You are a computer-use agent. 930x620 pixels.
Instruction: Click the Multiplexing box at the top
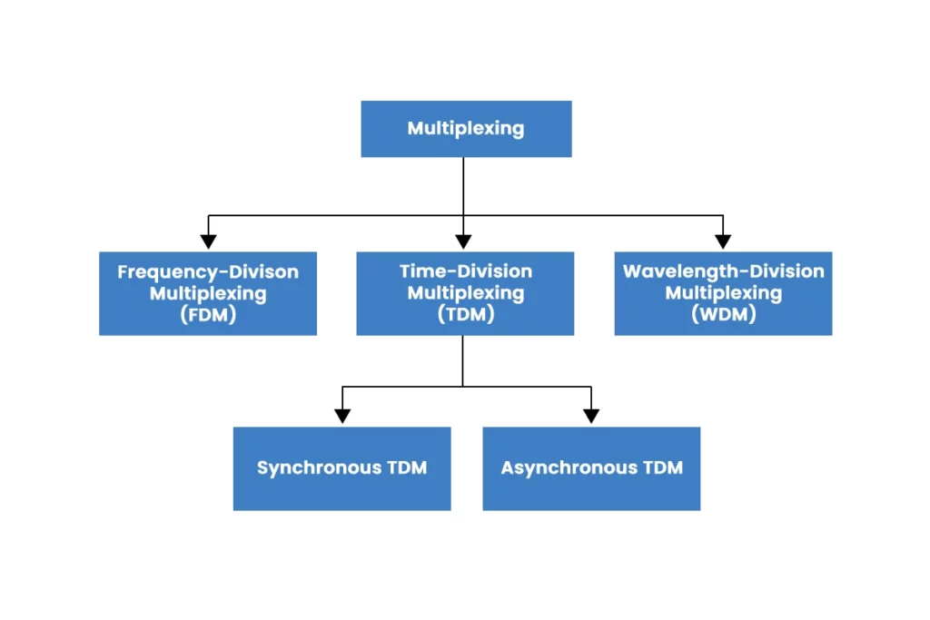pos(466,128)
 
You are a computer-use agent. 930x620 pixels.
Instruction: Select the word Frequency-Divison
pos(208,271)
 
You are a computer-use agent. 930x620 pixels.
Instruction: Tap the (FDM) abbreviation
pos(208,315)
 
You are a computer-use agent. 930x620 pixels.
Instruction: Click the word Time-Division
pos(465,271)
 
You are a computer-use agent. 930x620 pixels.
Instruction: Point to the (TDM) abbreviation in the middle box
pos(465,315)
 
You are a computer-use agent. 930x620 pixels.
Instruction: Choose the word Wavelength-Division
pos(723,271)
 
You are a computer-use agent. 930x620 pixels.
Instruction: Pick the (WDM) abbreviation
pos(723,315)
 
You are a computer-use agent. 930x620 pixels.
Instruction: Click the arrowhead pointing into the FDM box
pos(208,241)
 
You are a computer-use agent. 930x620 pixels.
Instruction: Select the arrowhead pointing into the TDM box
pos(463,241)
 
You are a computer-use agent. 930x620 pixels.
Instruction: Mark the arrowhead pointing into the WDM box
pos(723,241)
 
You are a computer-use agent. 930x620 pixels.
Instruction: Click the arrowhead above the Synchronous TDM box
pos(342,416)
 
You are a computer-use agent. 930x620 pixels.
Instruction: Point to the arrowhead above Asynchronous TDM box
pos(591,416)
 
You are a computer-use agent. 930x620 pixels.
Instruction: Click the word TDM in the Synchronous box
pos(406,468)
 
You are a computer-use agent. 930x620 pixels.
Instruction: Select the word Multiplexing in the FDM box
pos(208,293)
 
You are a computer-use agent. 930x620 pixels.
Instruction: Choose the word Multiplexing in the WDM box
pos(723,293)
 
